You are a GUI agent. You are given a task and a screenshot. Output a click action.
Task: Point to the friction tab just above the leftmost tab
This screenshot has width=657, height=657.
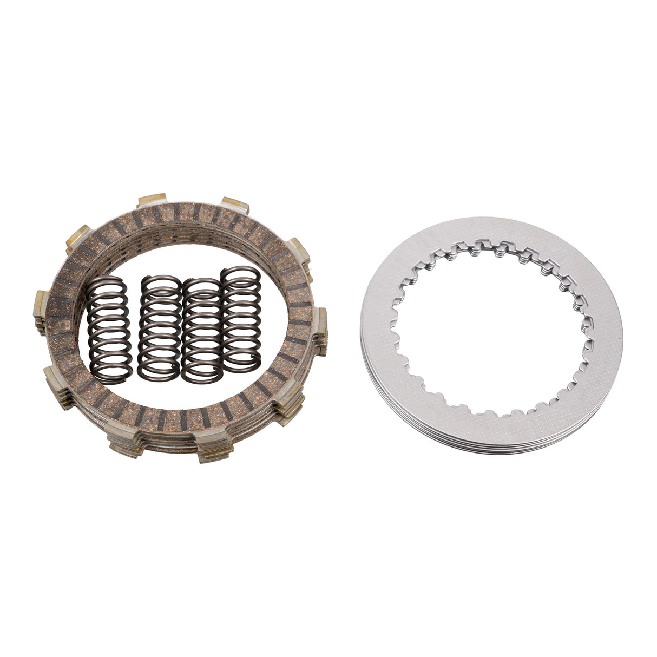point(74,238)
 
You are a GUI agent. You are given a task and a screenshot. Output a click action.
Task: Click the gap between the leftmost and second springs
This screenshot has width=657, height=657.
point(133,330)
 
